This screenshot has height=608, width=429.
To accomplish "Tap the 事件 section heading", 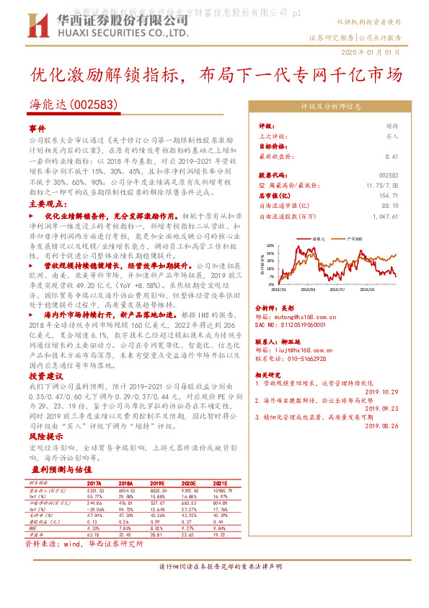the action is click(x=37, y=127).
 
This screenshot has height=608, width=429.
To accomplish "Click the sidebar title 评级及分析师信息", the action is click(x=331, y=106).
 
